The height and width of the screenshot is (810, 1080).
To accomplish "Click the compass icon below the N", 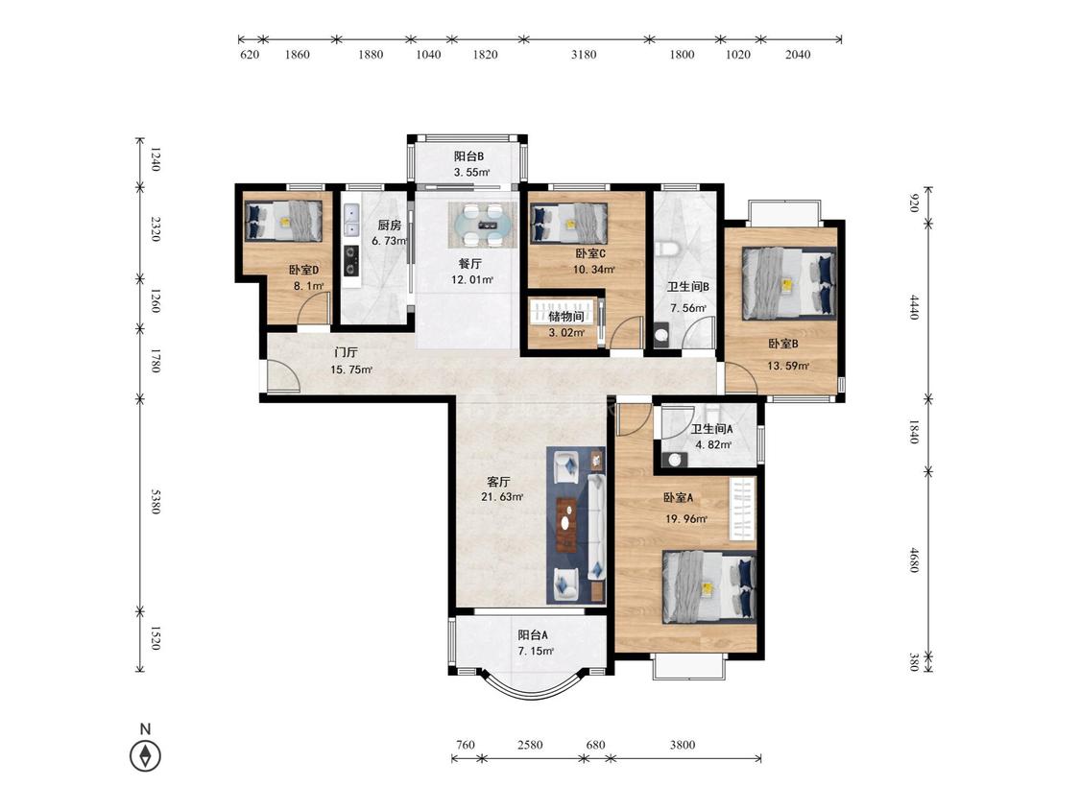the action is (145, 755).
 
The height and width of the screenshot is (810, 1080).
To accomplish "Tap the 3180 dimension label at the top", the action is (584, 55).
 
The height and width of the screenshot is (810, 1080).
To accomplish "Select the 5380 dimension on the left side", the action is (155, 501).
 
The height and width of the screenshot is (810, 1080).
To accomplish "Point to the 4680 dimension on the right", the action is (914, 560).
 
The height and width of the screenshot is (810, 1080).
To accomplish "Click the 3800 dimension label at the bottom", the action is (682, 745).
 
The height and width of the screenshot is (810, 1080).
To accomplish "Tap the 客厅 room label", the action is (498, 482).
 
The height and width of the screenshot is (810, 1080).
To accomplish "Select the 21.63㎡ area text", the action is (502, 497).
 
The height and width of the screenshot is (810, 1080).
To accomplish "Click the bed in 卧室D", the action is (284, 221).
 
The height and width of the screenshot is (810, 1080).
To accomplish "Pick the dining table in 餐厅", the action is (482, 225).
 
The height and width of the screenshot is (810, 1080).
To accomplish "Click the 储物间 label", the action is (566, 316).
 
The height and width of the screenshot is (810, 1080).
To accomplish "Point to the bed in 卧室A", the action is (709, 586).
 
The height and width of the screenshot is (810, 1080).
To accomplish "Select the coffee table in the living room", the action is (566, 525).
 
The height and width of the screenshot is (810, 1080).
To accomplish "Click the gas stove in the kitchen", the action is (351, 260).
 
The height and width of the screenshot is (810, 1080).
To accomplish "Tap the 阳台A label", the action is (533, 635).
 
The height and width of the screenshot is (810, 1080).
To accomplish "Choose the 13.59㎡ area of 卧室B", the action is (788, 366).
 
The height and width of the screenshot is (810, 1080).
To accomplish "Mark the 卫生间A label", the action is (712, 428).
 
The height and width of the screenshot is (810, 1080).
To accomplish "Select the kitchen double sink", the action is (351, 219).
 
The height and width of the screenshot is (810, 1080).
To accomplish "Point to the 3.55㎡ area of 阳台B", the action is (471, 172).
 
